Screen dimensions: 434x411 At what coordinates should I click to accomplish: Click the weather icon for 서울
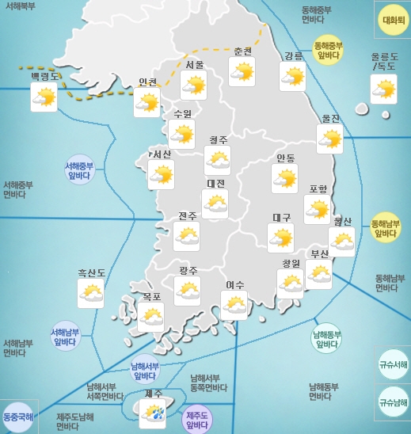pos(194,85)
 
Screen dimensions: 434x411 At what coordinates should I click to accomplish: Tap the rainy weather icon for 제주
pos(152,412)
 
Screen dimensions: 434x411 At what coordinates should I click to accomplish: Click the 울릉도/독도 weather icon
pos(384,89)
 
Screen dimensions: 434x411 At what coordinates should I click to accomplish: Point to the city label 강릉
pos(293,55)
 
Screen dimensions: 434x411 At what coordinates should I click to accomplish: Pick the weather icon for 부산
pos(319,274)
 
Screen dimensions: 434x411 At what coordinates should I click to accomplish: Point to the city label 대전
pos(215,183)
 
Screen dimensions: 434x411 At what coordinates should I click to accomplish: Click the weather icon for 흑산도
pos(91,294)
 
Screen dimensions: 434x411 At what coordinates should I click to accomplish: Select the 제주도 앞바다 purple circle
pos(197,417)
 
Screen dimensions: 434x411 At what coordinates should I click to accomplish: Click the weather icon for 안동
pos(284,180)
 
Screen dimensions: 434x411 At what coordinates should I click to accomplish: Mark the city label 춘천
pos(243,51)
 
